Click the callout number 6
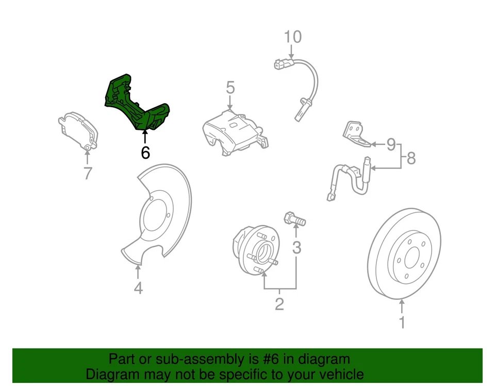(145, 153)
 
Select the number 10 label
(292, 37)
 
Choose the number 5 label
(230, 88)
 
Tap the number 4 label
(138, 289)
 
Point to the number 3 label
(296, 248)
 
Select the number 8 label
(411, 158)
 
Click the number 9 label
(390, 144)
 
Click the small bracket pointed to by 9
(355, 132)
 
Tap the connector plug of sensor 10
(282, 64)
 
